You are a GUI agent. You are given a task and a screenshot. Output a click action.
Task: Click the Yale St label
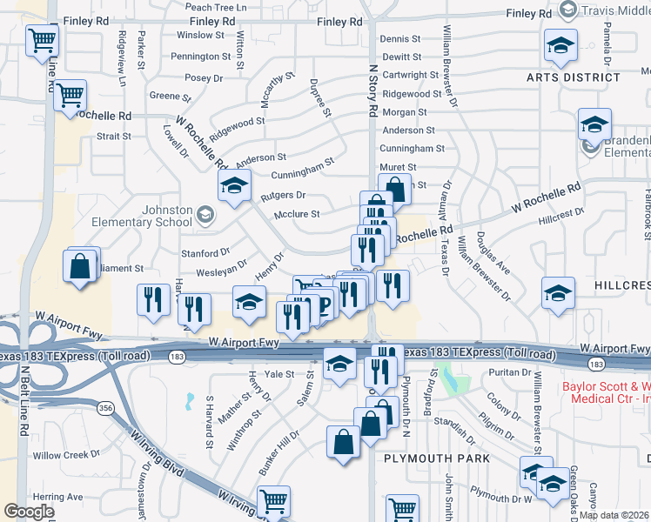[x=279, y=373]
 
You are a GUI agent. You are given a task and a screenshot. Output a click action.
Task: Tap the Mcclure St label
[x=297, y=213]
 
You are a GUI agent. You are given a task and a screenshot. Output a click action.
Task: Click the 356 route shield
[x=104, y=407]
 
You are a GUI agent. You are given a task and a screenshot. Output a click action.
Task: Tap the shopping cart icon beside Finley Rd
[x=43, y=40]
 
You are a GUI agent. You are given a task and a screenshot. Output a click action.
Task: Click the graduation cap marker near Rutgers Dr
[x=233, y=185]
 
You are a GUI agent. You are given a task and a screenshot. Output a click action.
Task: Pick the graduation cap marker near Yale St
[x=339, y=364]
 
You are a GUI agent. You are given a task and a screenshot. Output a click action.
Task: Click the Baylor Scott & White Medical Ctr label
[x=606, y=392]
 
